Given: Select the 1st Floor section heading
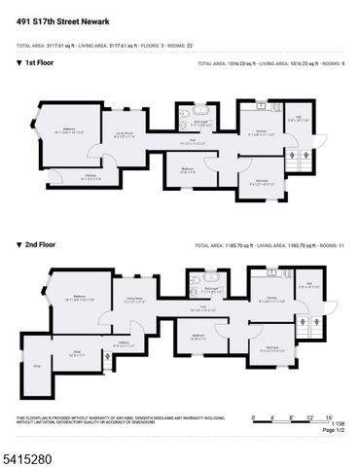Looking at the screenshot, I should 38,63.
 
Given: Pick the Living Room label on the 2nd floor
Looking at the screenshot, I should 134,300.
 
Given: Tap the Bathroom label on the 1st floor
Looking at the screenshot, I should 200,123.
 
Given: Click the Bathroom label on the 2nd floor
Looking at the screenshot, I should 211,290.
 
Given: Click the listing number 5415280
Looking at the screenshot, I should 32,452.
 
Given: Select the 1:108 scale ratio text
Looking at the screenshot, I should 338,423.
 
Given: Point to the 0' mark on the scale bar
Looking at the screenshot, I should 254,415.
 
